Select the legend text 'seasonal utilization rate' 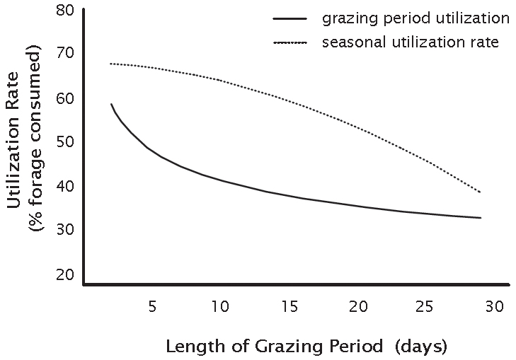pyautogui.click(x=410, y=42)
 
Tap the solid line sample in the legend pyautogui.click(x=289, y=18)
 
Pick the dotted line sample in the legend pyautogui.click(x=289, y=43)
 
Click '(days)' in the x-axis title pyautogui.click(x=420, y=347)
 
